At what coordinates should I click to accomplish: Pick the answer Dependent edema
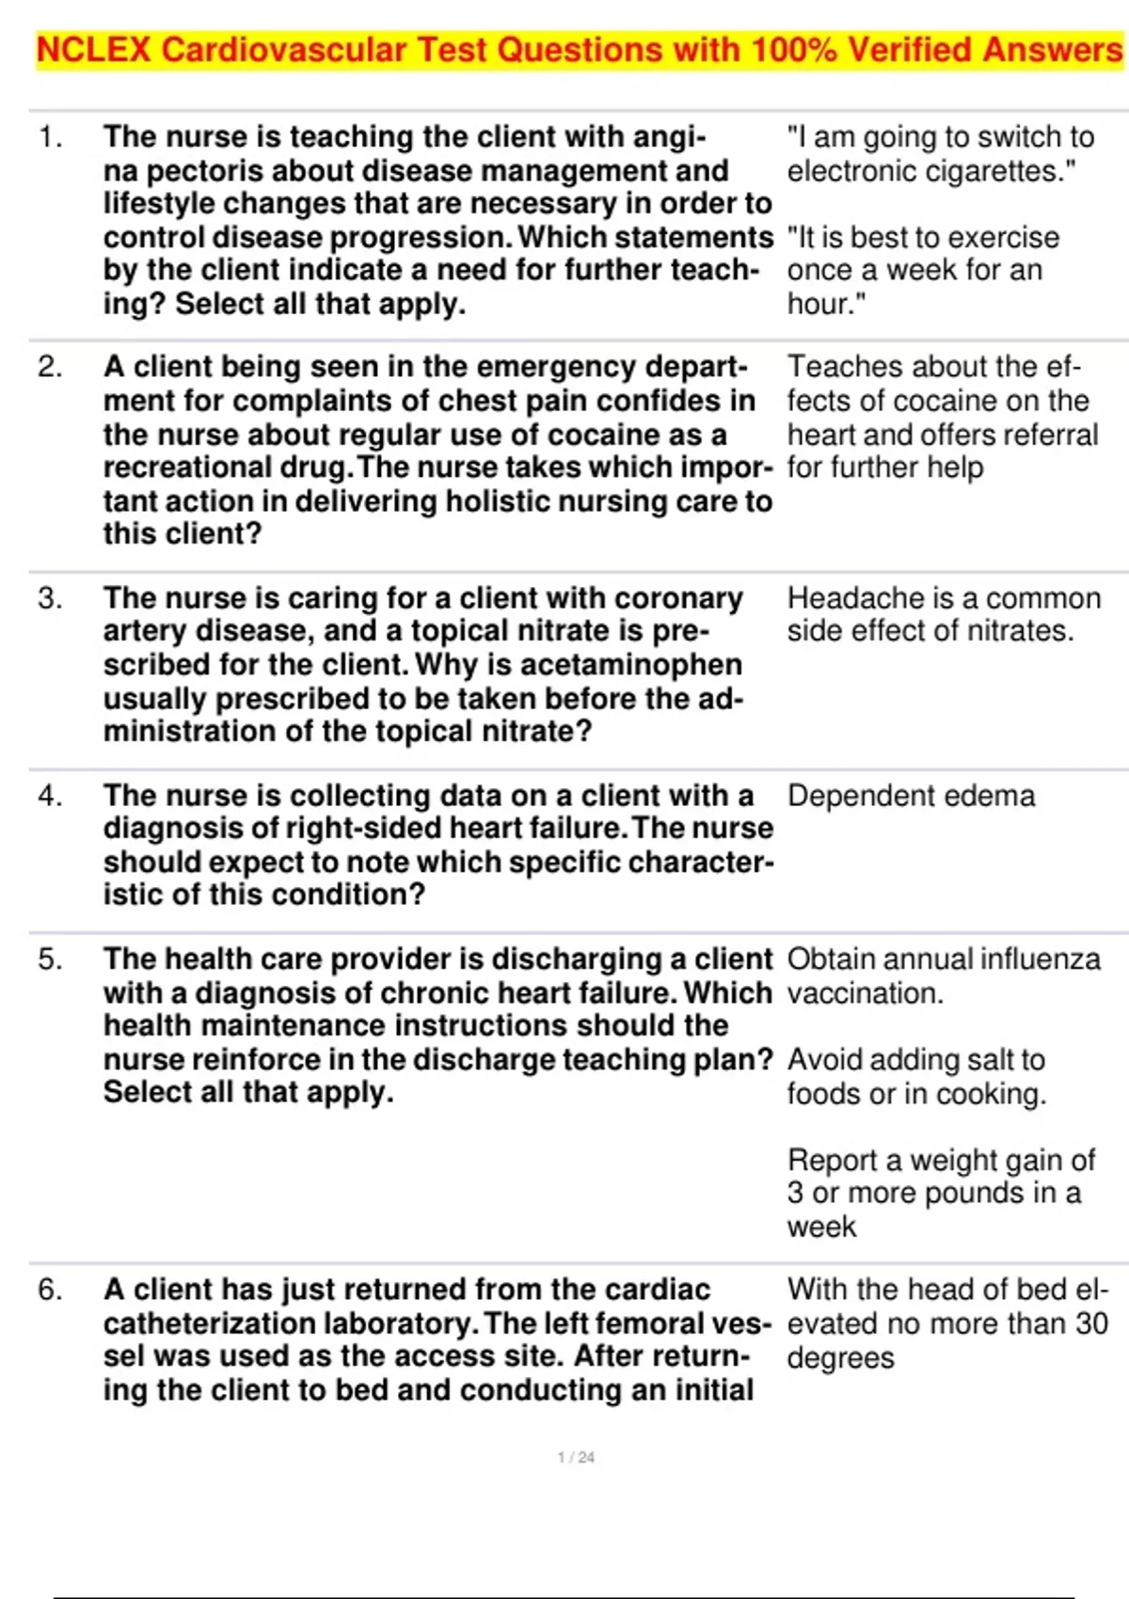coord(911,796)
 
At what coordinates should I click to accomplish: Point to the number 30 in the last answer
coord(1091,1324)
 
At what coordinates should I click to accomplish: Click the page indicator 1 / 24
coord(576,1457)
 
